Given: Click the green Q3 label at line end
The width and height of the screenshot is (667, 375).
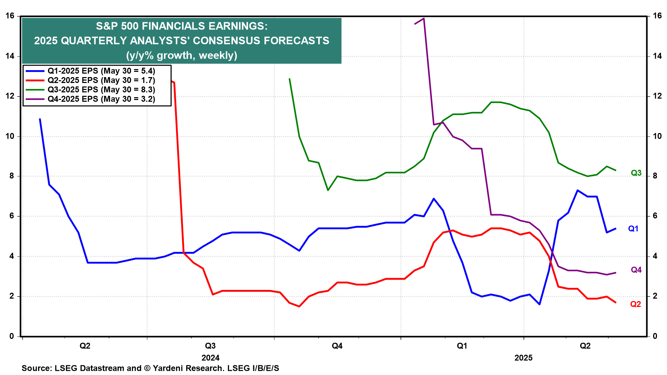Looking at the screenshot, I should (x=636, y=173).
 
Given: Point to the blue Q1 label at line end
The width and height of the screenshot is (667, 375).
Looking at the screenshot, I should (x=633, y=229).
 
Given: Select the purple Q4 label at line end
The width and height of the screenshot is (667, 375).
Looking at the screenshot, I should (x=636, y=270).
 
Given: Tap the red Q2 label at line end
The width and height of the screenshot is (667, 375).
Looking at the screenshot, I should (x=635, y=304).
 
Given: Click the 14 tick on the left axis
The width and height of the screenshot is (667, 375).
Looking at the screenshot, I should (x=10, y=56).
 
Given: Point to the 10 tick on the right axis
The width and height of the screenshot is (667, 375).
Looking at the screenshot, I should (x=657, y=136).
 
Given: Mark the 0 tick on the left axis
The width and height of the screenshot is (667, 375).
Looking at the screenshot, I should (x=12, y=336).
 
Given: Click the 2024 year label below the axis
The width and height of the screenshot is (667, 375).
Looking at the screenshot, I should (x=211, y=358).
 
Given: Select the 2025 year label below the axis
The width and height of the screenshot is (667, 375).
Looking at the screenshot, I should (x=524, y=358).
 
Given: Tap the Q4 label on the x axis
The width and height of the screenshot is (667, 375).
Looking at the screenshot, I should (x=337, y=346).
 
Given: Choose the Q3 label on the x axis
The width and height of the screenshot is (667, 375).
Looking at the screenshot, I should (x=210, y=346).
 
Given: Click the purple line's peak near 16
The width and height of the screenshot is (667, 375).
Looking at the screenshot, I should (x=424, y=18).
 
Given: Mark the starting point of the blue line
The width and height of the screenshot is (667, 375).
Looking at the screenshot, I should (x=40, y=119).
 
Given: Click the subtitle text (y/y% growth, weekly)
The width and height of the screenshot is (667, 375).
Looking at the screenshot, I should (x=182, y=56).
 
